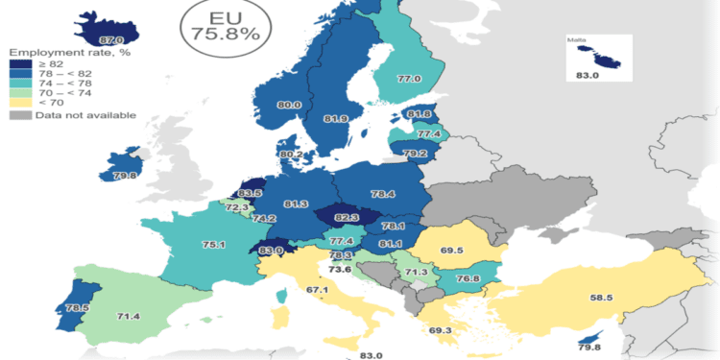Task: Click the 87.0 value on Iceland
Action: (x=111, y=40)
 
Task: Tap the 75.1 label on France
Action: (x=186, y=245)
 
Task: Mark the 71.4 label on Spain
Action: (x=100, y=316)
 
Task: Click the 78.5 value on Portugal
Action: (x=44, y=308)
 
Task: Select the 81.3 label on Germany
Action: (x=297, y=204)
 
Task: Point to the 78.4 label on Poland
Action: (x=382, y=194)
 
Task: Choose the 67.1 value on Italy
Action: (x=318, y=290)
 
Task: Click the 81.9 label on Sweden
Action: (x=335, y=119)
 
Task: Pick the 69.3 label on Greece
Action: (x=441, y=331)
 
